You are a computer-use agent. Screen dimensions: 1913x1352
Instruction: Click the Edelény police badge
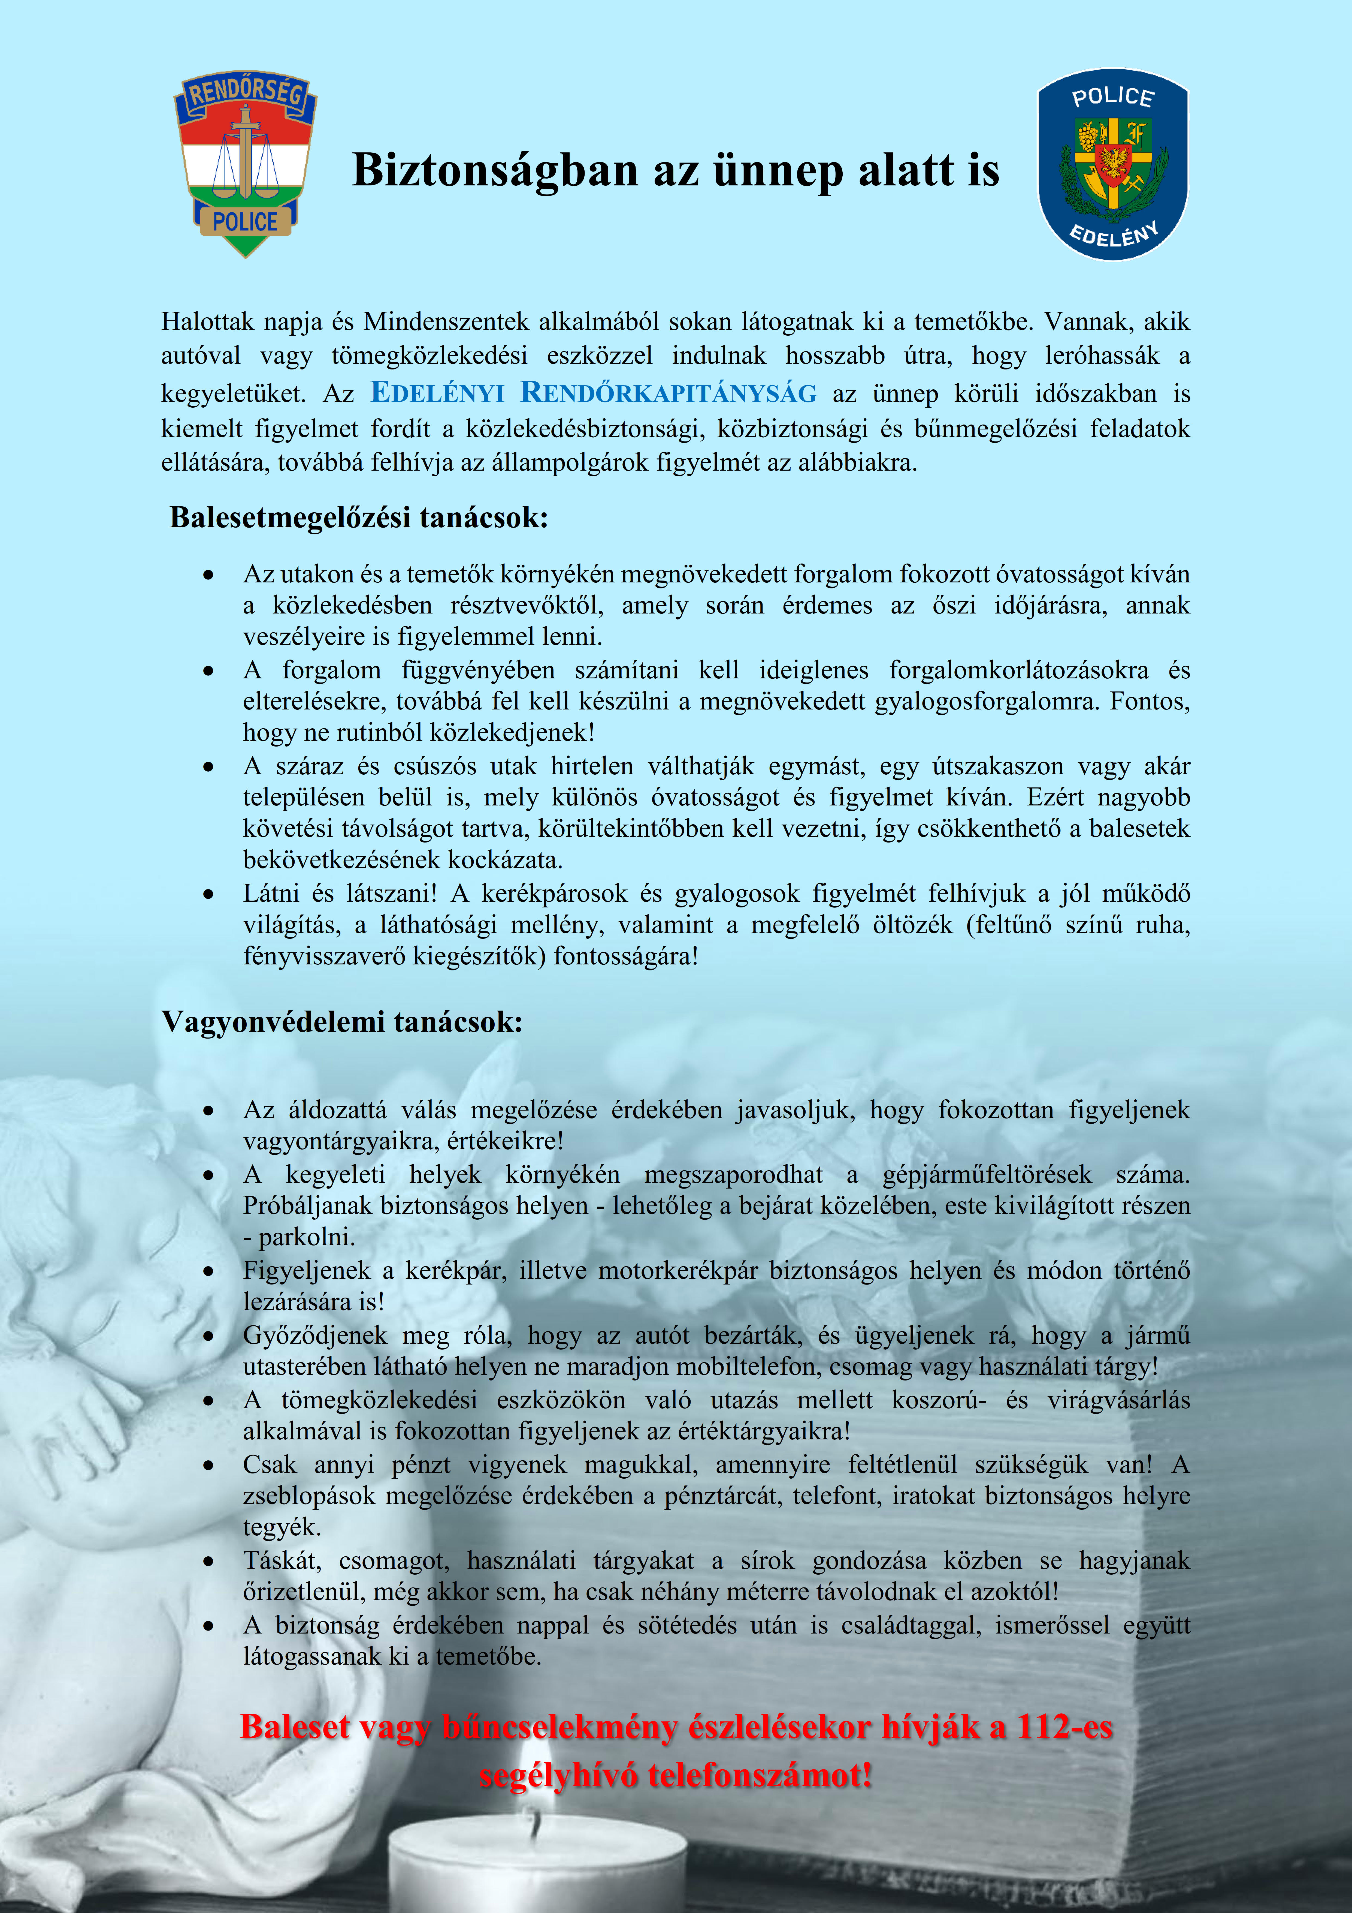pos(1112,164)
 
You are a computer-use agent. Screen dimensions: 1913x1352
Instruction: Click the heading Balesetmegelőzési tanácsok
pos(359,518)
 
